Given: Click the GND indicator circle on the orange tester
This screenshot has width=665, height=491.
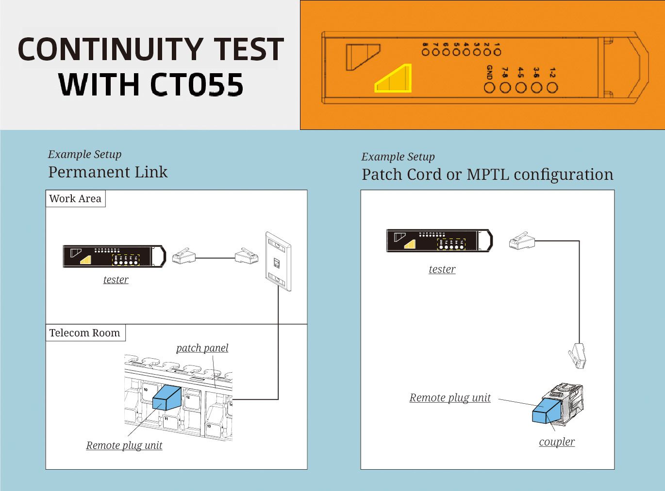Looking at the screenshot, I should (x=489, y=88).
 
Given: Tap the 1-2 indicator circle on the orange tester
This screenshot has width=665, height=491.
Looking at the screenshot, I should (x=552, y=88).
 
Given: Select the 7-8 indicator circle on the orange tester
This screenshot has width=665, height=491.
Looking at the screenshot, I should (x=505, y=88).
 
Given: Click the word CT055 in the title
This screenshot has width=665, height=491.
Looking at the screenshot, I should (x=197, y=85).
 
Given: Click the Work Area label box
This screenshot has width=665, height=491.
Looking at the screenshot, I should (x=75, y=199).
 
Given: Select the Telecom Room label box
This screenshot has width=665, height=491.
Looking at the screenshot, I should (x=85, y=333).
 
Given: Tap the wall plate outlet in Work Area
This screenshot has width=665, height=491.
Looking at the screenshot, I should (x=278, y=261).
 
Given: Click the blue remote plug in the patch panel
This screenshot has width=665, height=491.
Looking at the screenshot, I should (x=166, y=398).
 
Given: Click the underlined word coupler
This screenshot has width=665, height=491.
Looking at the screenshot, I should (x=557, y=442).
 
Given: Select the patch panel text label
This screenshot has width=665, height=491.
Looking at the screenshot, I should (x=202, y=348).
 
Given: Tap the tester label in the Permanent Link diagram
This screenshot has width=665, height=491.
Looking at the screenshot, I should (x=116, y=280).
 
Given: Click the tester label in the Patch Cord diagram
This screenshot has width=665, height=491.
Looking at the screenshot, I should (x=442, y=269).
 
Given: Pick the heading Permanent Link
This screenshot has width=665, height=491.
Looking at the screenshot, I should (x=108, y=172).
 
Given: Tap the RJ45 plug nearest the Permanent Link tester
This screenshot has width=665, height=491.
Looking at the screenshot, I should (x=183, y=256).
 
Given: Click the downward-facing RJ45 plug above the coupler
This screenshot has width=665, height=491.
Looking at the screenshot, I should (x=577, y=356).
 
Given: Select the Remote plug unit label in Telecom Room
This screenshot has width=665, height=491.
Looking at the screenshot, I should (x=124, y=445).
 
